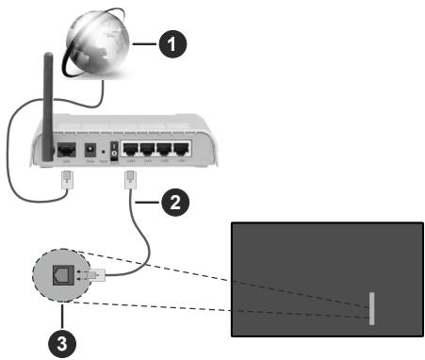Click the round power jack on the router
click(90, 151)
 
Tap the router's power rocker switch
click(118, 152)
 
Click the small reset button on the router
click(105, 152)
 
